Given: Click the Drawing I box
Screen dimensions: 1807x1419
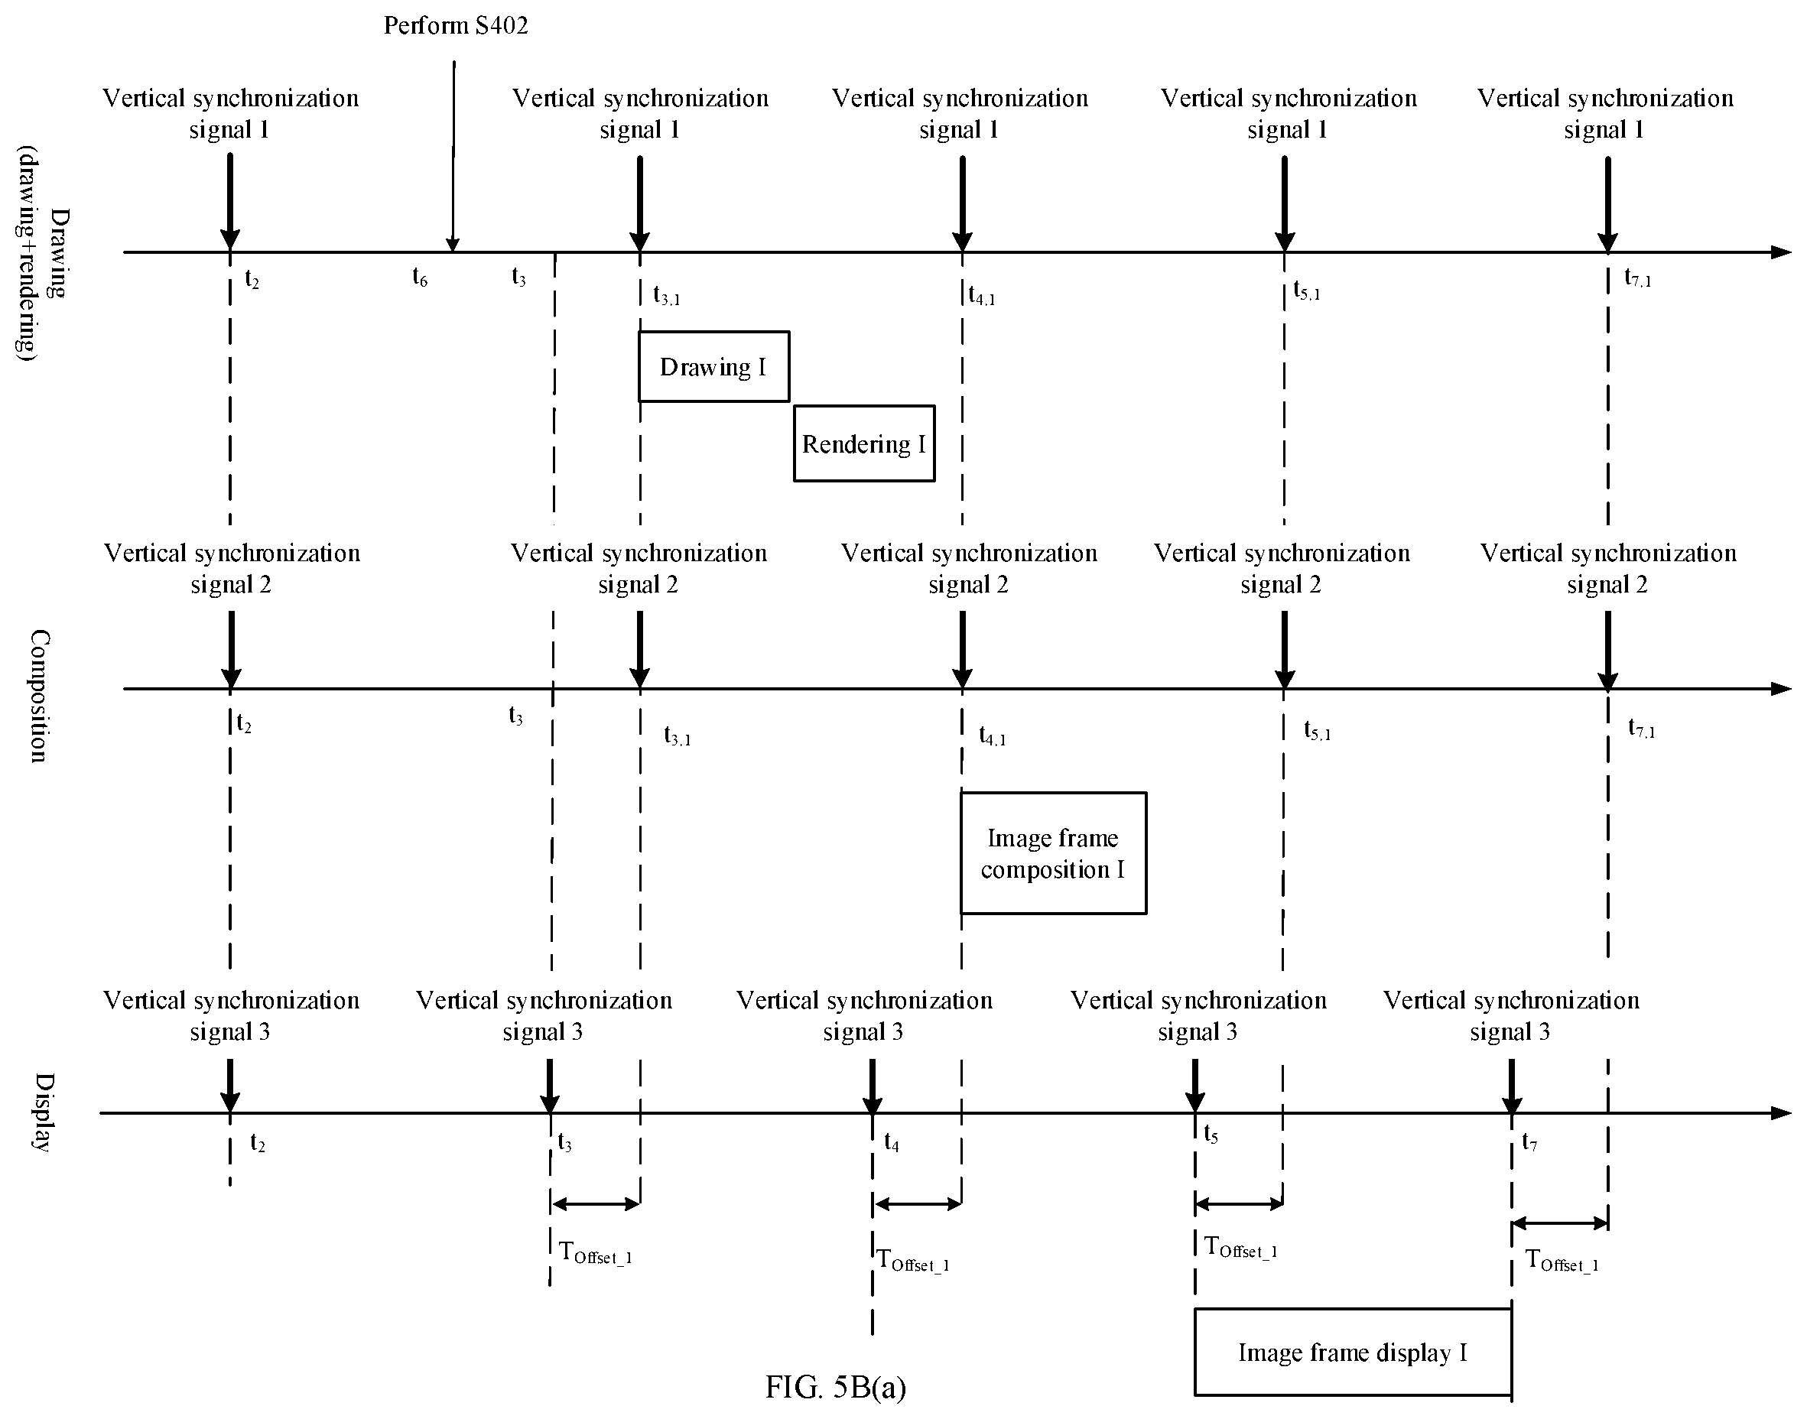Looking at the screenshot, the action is (713, 366).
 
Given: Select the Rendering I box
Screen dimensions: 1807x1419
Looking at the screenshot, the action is (864, 443).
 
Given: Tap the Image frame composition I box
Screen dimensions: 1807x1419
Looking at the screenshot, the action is (1054, 853).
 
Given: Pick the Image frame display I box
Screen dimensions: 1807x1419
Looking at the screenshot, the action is (1353, 1352).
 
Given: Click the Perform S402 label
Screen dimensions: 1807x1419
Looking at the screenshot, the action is (456, 26).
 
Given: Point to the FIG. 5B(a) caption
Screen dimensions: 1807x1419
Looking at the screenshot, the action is (836, 1387).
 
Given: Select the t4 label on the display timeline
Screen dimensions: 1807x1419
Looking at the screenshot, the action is (892, 1143).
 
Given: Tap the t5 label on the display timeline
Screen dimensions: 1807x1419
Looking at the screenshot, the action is (1211, 1134).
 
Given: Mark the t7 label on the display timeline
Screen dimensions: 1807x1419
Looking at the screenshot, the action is (1529, 1142).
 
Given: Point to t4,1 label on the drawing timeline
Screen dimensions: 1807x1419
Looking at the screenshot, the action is (982, 296).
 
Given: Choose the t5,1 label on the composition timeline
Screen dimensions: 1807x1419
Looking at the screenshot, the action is (1318, 731).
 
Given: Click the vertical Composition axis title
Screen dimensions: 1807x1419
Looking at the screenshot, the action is (39, 696).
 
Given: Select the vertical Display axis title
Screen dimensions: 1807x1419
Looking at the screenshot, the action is (43, 1112).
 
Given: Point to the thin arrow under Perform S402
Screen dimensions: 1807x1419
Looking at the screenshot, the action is (453, 156).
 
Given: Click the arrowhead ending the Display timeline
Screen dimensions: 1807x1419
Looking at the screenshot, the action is (1781, 1113).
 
